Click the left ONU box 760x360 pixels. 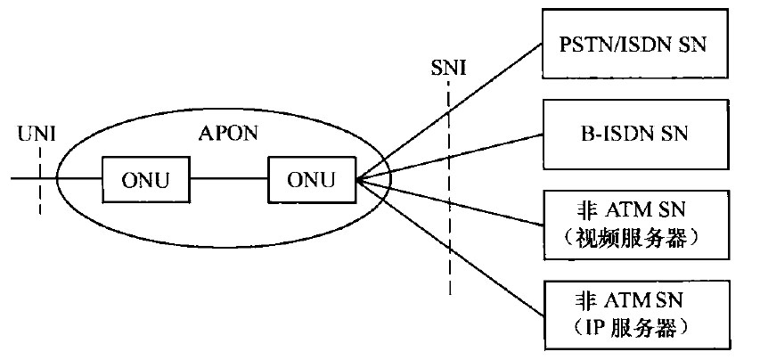(146, 180)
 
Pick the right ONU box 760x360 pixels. (311, 180)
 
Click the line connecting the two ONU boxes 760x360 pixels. (229, 180)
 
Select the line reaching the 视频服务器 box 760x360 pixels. (481, 204)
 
